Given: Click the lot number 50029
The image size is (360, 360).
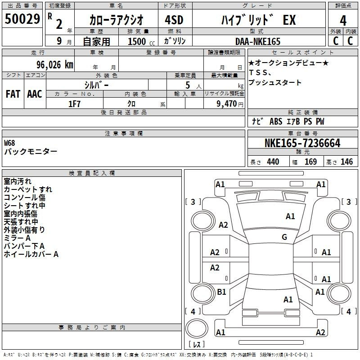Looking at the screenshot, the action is tap(22, 19).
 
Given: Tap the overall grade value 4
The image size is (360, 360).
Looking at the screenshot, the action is tap(343, 21).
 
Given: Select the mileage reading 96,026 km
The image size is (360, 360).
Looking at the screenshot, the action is tap(55, 65).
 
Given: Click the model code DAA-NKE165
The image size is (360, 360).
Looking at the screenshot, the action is tap(258, 41).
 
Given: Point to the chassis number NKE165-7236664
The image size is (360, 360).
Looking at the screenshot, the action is tap(302, 143).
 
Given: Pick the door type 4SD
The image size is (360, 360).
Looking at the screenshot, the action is tap(174, 20).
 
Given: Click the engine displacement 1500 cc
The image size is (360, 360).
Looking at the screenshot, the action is tap(141, 41).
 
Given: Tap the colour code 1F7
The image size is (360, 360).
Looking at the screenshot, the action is tap(74, 104).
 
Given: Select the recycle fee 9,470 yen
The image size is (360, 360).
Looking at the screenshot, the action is tap(230, 104).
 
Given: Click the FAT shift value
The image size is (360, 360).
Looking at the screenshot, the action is tap(13, 94).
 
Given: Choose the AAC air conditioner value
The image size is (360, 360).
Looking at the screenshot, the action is tap(35, 94).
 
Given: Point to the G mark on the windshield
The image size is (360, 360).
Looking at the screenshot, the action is tap(284, 237).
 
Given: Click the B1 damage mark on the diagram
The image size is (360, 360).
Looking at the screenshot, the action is tap(221, 292).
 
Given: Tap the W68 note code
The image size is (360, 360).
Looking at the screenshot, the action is tap(9, 143).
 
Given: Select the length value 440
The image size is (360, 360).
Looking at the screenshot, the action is tap(273, 162).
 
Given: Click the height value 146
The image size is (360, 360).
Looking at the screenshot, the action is tap(346, 162).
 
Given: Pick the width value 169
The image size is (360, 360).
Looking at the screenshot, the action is tap(310, 162).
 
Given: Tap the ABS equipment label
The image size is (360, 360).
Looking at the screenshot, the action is tap(276, 121).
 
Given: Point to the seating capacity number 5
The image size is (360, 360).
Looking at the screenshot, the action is tap(188, 85).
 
